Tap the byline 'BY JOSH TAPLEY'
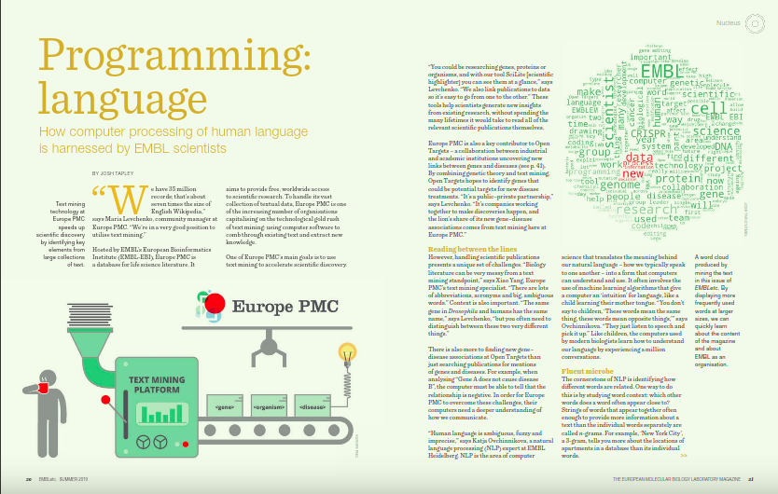pyautogui.click(x=116, y=173)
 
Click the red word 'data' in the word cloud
pyautogui.click(x=638, y=159)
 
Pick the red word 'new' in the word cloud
pyautogui.click(x=632, y=174)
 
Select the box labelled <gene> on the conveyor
pyautogui.click(x=224, y=407)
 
